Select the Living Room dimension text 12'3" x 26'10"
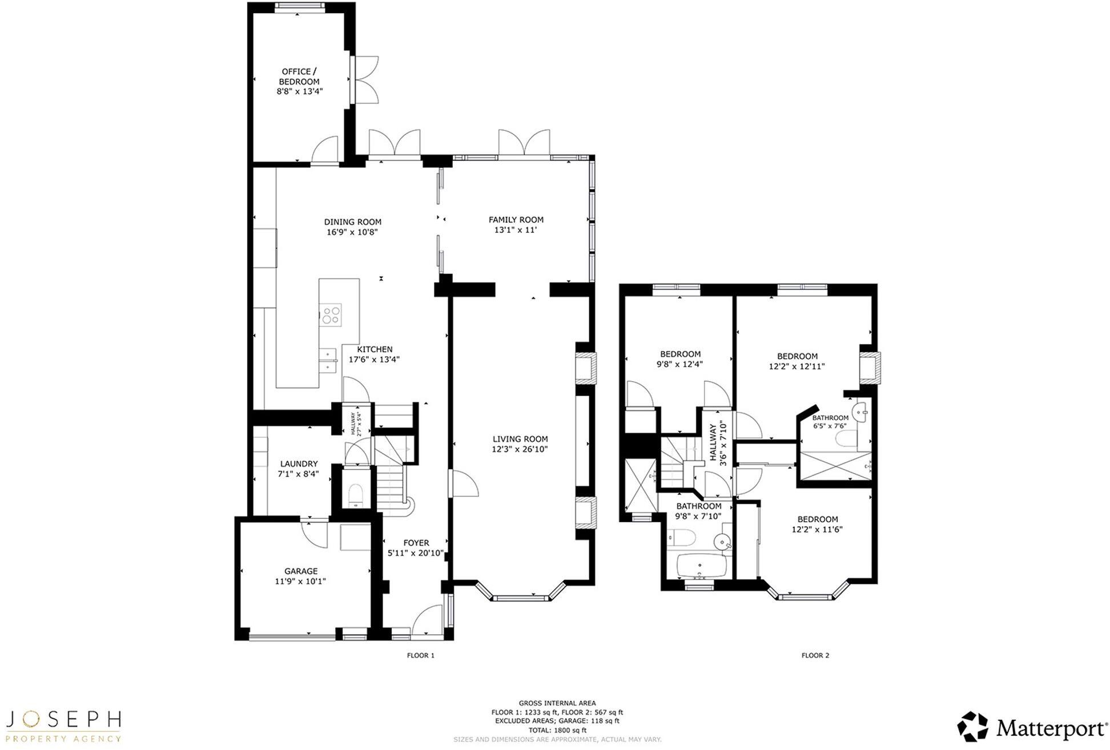pyautogui.click(x=520, y=449)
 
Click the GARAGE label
pyautogui.click(x=301, y=571)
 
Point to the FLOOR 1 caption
pyautogui.click(x=420, y=655)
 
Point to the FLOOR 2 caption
pyautogui.click(x=815, y=655)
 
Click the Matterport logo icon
pyautogui.click(x=973, y=727)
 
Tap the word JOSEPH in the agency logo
pyautogui.click(x=63, y=719)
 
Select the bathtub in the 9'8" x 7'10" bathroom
pyautogui.click(x=701, y=566)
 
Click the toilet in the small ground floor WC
pyautogui.click(x=355, y=494)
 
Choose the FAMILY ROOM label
pyautogui.click(x=516, y=220)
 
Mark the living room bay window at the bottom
pyautogui.click(x=520, y=598)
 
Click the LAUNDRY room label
pyautogui.click(x=299, y=464)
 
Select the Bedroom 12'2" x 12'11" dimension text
pyautogui.click(x=797, y=366)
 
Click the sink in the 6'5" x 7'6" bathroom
pyautogui.click(x=860, y=411)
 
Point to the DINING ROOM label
pyautogui.click(x=352, y=222)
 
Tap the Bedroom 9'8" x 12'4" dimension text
pyautogui.click(x=679, y=364)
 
